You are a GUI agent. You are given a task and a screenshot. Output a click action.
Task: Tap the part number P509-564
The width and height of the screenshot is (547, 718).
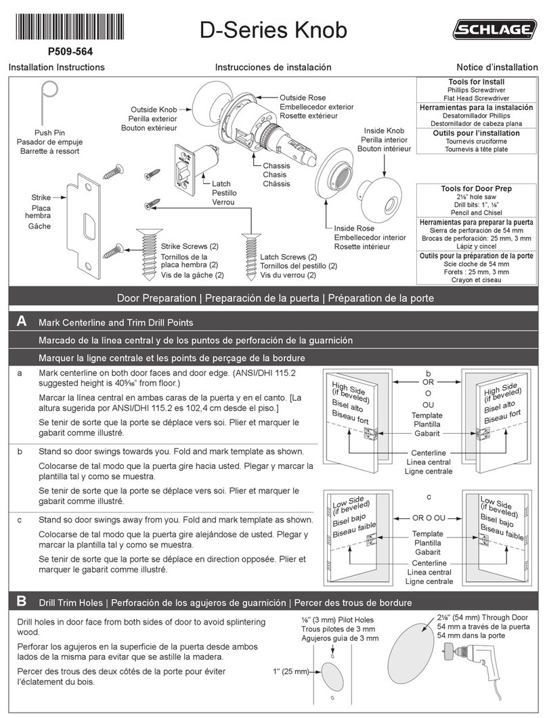(x=70, y=51)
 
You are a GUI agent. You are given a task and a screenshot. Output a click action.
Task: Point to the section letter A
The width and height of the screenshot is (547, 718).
(x=22, y=322)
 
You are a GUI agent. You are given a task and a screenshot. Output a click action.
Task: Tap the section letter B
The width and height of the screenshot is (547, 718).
(x=22, y=601)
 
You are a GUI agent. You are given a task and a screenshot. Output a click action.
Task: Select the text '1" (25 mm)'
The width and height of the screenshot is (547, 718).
(x=290, y=671)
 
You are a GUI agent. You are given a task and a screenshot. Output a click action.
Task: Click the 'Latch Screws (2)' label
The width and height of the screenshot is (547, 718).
(x=288, y=257)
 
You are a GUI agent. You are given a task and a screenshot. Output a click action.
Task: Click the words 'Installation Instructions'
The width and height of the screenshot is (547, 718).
(x=56, y=68)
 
